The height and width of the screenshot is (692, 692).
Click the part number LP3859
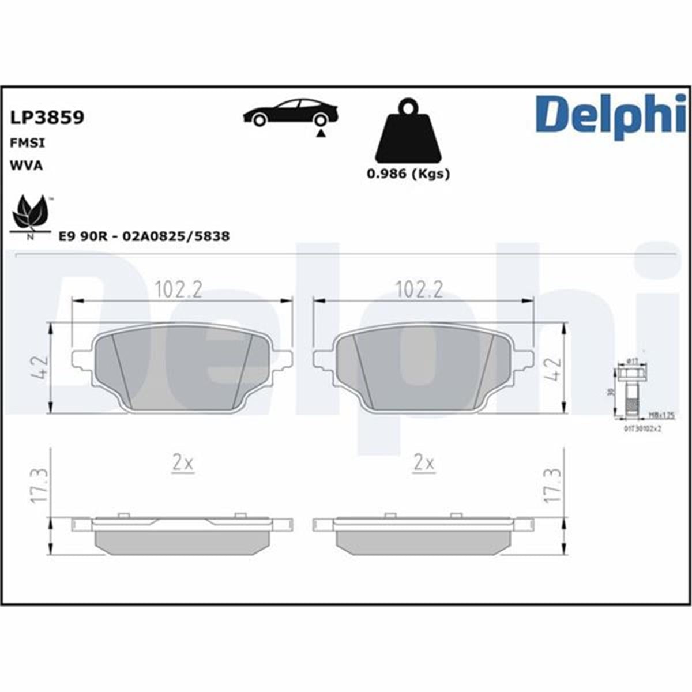(x=47, y=118)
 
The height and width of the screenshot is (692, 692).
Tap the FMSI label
(x=27, y=143)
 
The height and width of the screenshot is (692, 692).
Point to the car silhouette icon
(x=290, y=114)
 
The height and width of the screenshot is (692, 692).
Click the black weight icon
(x=408, y=132)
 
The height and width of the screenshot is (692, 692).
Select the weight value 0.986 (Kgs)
(x=408, y=174)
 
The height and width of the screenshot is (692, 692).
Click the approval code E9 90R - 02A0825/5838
(x=144, y=236)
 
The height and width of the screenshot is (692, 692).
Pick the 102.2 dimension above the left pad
(x=178, y=289)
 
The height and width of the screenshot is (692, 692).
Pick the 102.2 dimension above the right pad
(x=419, y=289)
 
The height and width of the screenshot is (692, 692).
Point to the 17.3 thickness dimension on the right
(x=552, y=484)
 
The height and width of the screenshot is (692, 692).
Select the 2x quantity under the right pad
(x=424, y=463)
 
